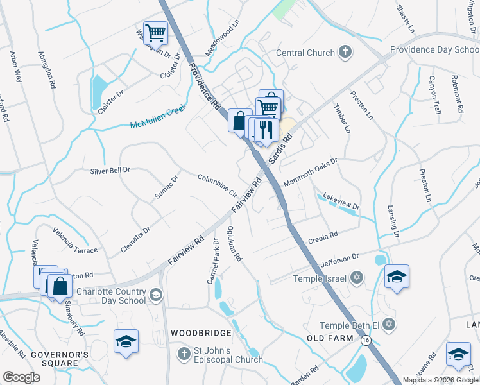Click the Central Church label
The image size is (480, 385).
point(305,53)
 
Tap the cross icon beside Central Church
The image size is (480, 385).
point(345,53)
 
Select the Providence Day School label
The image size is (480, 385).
point(434,49)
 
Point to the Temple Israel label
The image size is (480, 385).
point(319,278)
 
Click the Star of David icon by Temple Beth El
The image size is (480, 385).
point(388,325)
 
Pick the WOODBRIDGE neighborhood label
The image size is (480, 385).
point(201,334)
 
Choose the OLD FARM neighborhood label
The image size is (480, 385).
point(330,338)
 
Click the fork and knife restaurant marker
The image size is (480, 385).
point(266,130)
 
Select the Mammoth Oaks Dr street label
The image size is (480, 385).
point(310,173)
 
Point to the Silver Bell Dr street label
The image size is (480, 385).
point(110,171)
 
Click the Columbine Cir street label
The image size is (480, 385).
point(218,185)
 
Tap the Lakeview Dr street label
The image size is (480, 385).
point(341,201)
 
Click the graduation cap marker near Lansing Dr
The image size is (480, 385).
point(397,276)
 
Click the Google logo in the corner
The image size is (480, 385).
point(22,377)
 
